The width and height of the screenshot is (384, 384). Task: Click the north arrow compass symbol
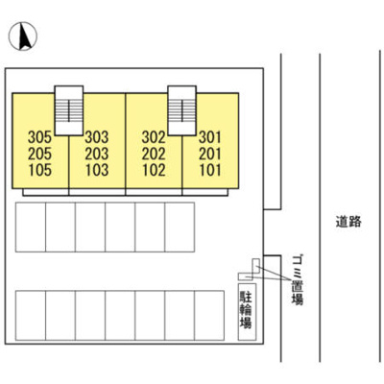[x=23, y=36]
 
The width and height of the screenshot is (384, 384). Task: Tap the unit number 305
[x=39, y=137]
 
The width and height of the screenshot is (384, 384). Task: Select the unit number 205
[x=39, y=154]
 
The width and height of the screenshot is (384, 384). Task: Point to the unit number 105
[x=40, y=170]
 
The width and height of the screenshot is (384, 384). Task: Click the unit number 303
[x=97, y=137]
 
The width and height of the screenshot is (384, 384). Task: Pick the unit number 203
[x=97, y=154]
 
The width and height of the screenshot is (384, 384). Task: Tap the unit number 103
[x=97, y=170]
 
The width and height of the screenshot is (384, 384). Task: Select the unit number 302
[x=154, y=137]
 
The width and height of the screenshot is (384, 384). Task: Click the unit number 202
[x=154, y=154]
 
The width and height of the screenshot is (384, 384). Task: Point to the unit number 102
[x=154, y=170]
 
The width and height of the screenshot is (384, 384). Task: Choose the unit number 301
[x=210, y=137]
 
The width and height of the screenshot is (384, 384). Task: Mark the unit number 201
[x=210, y=154]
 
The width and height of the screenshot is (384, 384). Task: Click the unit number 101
[x=210, y=170]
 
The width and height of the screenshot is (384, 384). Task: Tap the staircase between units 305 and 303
[x=69, y=110]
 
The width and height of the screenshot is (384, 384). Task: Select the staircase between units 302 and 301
[x=182, y=110]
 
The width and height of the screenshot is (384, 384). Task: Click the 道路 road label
[x=348, y=222]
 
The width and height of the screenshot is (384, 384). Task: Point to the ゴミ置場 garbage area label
[x=298, y=279]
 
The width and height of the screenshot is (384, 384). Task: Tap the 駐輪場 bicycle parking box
[x=247, y=312]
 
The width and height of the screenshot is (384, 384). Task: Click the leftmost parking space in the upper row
[x=31, y=228]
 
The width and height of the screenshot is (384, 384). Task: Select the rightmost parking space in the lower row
[x=209, y=316]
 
